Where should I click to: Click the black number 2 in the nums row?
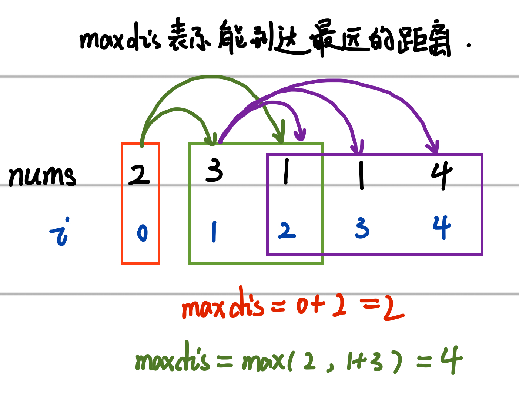139,175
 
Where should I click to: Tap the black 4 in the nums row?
441,175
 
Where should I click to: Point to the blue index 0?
142,233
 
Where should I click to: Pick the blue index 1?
214,232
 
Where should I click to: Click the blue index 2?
287,231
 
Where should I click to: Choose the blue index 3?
362,228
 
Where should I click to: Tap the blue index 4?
442,227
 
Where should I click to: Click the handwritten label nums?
42,176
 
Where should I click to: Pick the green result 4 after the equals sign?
451,359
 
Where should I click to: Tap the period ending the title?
469,46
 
